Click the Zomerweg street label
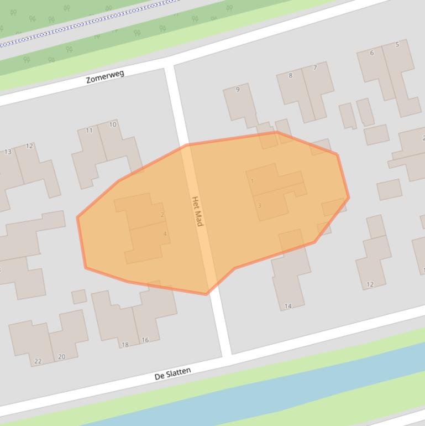click(x=105, y=77)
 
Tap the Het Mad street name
click(x=197, y=211)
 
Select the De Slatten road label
click(x=172, y=374)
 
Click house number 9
click(x=238, y=89)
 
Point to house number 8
click(x=290, y=75)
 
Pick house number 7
click(x=315, y=68)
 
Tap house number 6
click(x=371, y=53)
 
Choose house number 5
click(x=397, y=45)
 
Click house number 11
click(x=89, y=131)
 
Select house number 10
click(x=113, y=124)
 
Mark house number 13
click(x=8, y=152)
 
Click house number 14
click(x=288, y=306)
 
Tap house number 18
click(x=125, y=345)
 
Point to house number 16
click(x=145, y=340)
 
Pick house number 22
click(x=38, y=361)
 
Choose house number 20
click(x=61, y=357)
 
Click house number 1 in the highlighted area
click(x=253, y=181)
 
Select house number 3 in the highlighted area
click(x=259, y=205)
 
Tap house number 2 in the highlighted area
click(x=162, y=215)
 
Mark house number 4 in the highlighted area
click(x=165, y=234)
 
